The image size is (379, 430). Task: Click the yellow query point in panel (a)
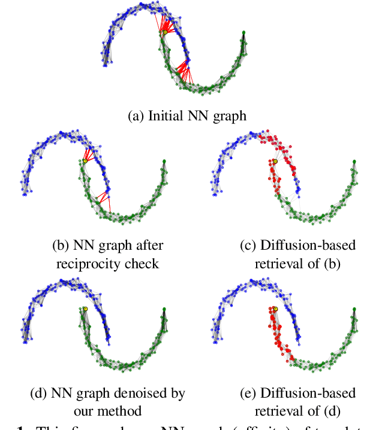point(157,32)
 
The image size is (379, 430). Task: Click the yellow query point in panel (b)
point(85,161)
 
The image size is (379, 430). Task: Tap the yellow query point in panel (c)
point(275,162)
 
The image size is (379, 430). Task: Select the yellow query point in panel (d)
point(85,309)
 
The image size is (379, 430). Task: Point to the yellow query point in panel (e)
point(275,309)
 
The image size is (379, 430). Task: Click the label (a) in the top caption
point(136,116)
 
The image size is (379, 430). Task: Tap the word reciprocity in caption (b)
point(88,264)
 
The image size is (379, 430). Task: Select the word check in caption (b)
point(141,264)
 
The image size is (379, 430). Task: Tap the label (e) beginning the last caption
point(249,393)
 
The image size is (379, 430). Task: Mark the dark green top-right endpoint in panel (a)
point(243,32)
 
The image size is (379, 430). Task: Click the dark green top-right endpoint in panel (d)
point(164,309)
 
